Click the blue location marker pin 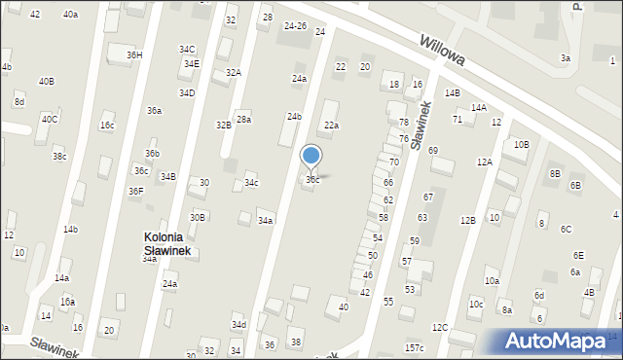[311, 157]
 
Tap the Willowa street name [443, 53]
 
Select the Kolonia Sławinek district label [171, 244]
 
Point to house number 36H [134, 55]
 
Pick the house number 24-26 [295, 25]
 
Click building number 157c [415, 347]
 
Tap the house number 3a [566, 58]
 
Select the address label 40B [47, 82]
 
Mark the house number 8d [19, 102]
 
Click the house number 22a [332, 126]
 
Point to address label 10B [522, 144]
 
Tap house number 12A [484, 162]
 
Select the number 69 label [433, 150]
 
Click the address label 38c [59, 157]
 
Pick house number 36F [136, 192]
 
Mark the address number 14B [453, 93]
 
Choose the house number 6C [566, 230]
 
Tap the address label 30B [198, 217]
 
